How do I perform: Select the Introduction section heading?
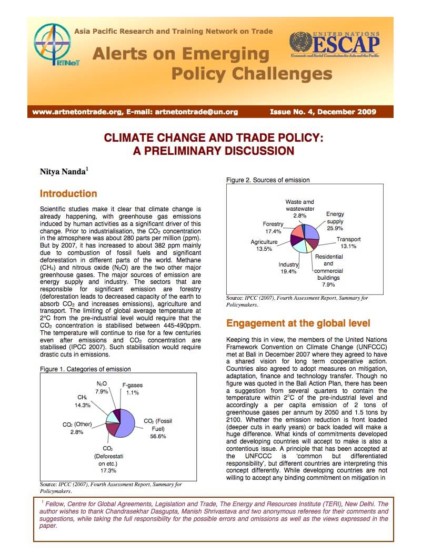(x=68, y=193)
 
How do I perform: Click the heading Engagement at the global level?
(x=298, y=323)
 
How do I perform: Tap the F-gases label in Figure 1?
(x=132, y=385)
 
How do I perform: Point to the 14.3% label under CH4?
(x=83, y=405)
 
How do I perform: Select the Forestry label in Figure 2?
(x=273, y=224)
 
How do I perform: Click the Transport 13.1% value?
(x=348, y=246)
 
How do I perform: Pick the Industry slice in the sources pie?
(x=299, y=247)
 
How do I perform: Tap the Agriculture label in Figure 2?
(x=264, y=242)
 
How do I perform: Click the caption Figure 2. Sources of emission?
(x=268, y=180)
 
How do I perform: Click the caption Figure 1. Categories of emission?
(x=85, y=369)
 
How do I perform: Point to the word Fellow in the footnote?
(x=55, y=504)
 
